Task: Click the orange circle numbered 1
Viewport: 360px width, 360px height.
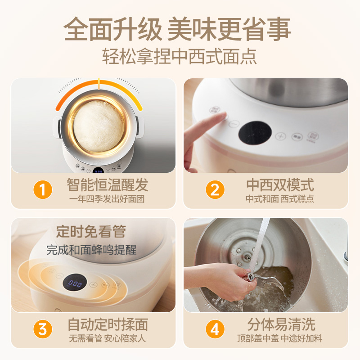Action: coord(43,190)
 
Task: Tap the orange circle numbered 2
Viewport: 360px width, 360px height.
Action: coord(215,190)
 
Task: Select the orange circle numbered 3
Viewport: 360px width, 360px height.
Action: coord(43,329)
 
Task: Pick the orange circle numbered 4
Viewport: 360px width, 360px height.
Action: coord(215,329)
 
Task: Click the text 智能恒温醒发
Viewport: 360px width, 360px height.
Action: coord(107,184)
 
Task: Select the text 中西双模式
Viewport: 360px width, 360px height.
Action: coord(280,184)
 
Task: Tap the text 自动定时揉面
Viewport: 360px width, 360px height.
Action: coord(108,324)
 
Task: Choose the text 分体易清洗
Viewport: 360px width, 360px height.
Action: coord(281,324)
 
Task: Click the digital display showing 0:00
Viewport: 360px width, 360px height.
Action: coord(75,284)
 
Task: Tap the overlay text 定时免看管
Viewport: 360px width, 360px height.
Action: coord(91,232)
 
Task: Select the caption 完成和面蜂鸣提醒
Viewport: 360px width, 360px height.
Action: coord(91,249)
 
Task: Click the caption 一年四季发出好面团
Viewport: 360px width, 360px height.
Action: coord(107,198)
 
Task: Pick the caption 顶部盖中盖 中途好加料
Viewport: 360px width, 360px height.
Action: coord(280,338)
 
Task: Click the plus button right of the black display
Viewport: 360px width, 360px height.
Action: coord(280,136)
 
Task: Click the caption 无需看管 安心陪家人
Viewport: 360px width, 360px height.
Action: coord(108,338)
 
